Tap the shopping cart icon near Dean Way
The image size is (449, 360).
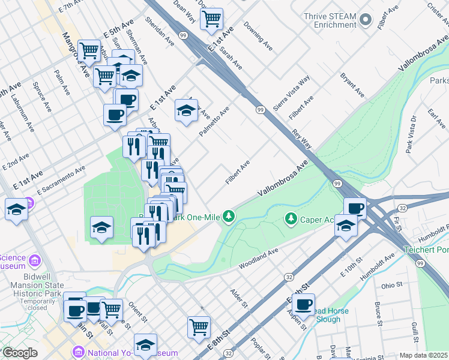coord(211,19)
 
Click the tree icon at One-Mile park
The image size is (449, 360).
coord(228,215)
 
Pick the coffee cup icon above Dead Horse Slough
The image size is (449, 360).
coord(303,304)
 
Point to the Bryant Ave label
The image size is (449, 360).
coord(352,85)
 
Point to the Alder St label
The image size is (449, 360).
coord(239,298)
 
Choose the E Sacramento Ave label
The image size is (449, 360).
coord(61,180)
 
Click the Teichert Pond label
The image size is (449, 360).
coord(427,249)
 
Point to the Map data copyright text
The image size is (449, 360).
coord(423,355)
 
